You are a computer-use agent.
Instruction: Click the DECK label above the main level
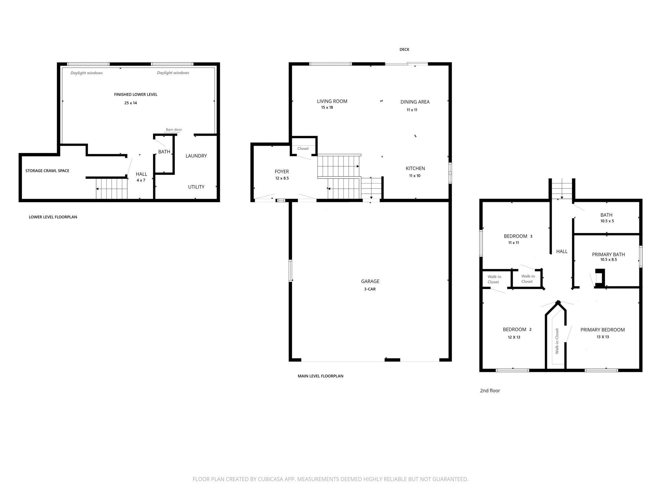(404, 49)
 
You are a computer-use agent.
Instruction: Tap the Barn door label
(174, 130)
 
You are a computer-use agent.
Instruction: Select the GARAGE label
(370, 281)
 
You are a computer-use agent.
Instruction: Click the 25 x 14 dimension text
(131, 103)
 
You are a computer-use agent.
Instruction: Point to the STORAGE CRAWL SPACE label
(47, 171)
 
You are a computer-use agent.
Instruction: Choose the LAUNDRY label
(196, 156)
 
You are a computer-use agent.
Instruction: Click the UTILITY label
(196, 187)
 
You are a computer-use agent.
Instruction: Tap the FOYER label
(282, 172)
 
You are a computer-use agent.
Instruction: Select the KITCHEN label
(415, 169)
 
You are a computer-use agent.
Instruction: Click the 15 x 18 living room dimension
(327, 107)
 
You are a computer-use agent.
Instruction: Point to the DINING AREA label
(415, 102)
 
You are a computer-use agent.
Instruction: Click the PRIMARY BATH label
(609, 254)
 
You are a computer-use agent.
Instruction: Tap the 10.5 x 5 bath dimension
(607, 221)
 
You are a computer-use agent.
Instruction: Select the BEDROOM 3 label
(518, 236)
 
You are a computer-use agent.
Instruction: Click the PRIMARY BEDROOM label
(603, 330)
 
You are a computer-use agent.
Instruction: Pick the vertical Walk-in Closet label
(557, 341)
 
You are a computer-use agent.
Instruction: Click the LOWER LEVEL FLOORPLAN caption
(53, 217)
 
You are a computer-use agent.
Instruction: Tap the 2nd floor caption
(490, 390)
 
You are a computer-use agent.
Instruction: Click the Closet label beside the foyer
(303, 148)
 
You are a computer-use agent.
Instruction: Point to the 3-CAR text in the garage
(370, 289)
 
